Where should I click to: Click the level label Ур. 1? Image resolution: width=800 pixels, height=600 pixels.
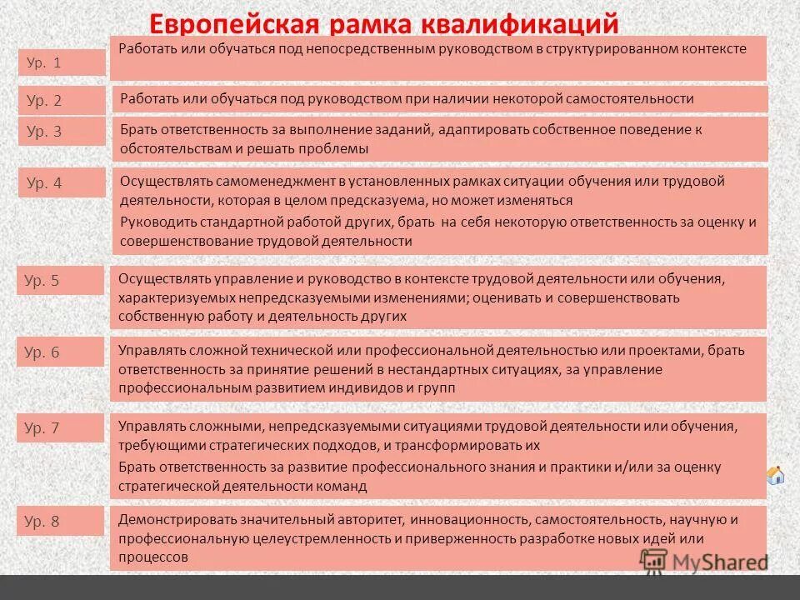point(44,62)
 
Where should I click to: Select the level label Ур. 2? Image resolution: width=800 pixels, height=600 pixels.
point(44,101)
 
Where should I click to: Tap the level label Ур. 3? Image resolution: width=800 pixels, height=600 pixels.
point(44,131)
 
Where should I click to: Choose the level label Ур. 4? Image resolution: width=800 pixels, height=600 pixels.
point(44,182)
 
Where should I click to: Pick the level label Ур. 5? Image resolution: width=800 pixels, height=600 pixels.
point(42,280)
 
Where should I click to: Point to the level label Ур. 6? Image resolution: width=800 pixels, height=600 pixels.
point(42,352)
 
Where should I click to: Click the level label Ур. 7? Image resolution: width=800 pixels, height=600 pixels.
point(42,428)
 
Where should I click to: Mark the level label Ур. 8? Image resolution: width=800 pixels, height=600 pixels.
point(42,522)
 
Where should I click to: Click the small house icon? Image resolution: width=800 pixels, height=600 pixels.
point(775,476)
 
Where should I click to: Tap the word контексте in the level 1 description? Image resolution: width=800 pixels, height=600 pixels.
point(713,49)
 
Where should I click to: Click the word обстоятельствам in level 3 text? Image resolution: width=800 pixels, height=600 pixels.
point(168,148)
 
